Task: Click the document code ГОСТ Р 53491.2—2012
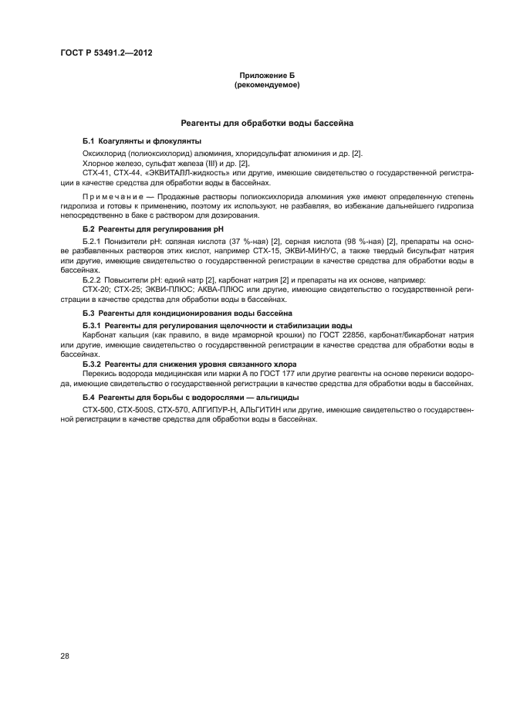tap(103, 53)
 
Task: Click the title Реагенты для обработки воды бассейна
tap(267, 123)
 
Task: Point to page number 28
tap(65, 656)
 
